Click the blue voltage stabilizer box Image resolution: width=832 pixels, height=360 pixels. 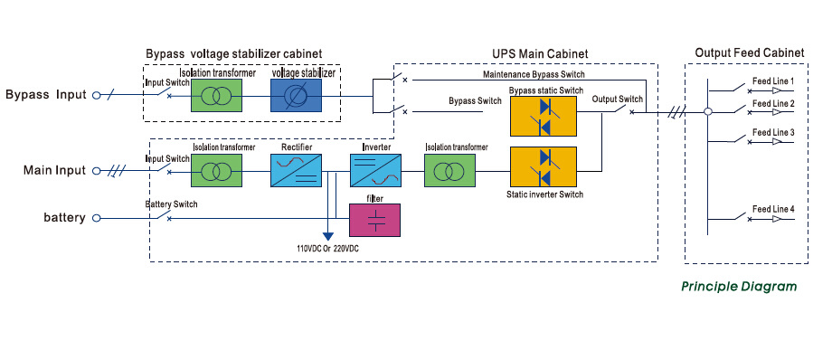[296, 96]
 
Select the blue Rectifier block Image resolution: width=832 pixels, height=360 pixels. [296, 170]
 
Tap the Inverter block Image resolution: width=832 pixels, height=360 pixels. [375, 170]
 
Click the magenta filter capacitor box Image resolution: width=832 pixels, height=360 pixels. [375, 220]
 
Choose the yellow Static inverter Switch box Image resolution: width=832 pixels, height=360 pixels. [544, 166]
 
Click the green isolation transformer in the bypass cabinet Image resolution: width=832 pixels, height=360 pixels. [216, 96]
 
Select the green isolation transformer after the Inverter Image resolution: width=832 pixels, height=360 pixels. [449, 170]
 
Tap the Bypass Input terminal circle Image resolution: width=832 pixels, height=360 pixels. [96, 96]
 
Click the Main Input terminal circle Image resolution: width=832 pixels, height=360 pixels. [96, 171]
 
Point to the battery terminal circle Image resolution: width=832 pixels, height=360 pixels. [96, 218]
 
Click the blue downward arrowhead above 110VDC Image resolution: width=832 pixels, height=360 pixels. [328, 237]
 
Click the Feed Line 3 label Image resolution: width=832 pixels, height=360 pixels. [773, 132]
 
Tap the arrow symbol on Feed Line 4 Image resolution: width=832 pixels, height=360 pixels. [778, 219]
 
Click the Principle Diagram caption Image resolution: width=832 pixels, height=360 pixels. [739, 287]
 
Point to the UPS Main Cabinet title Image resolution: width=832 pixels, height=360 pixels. [540, 53]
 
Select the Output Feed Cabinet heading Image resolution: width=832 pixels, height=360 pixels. [749, 53]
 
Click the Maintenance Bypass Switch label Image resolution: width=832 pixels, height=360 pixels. [534, 74]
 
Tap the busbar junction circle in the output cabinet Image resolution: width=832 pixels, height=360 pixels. [708, 112]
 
